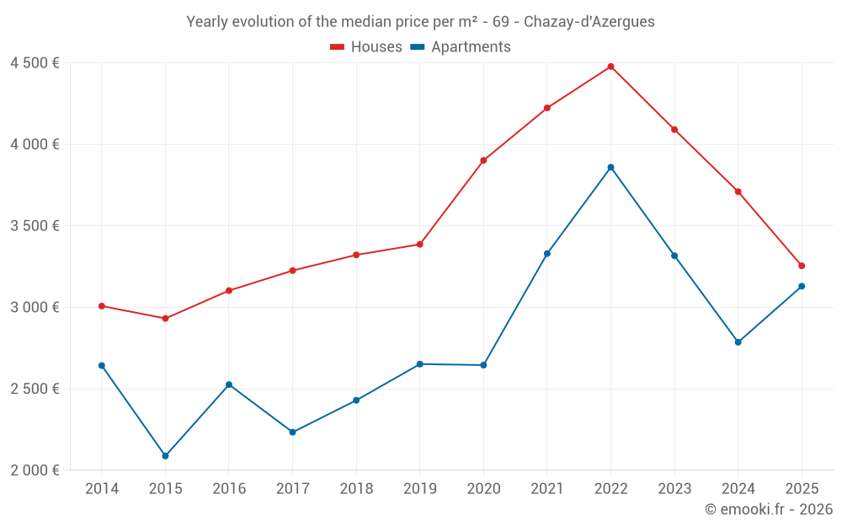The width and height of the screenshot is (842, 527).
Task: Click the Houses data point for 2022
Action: (610, 67)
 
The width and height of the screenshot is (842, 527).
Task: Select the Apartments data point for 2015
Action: (165, 456)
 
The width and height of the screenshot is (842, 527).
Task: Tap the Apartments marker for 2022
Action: (610, 167)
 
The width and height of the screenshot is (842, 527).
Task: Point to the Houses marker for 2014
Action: (102, 306)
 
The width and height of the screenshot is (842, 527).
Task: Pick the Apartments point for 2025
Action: (802, 286)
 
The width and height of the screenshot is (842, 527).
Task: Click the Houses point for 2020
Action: (483, 160)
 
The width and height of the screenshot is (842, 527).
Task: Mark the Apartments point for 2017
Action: (292, 432)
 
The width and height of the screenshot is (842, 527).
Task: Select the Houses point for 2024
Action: (738, 191)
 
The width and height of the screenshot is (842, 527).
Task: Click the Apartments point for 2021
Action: (547, 254)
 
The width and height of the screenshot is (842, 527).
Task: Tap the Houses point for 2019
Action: (419, 245)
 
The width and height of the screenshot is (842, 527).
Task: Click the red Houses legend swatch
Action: (337, 47)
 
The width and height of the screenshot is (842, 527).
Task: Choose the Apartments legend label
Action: (471, 47)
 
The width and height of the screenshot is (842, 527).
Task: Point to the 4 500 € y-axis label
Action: (35, 63)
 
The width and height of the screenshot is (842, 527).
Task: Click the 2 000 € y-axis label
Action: (35, 471)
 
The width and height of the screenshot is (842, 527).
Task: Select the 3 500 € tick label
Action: (35, 226)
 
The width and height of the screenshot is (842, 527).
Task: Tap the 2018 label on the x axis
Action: (356, 489)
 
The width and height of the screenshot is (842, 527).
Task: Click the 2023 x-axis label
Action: (674, 489)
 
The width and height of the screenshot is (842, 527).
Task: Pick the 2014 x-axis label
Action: (102, 489)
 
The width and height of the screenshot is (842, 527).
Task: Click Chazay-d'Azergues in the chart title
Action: (589, 22)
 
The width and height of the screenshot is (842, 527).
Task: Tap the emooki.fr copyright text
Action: (768, 509)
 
